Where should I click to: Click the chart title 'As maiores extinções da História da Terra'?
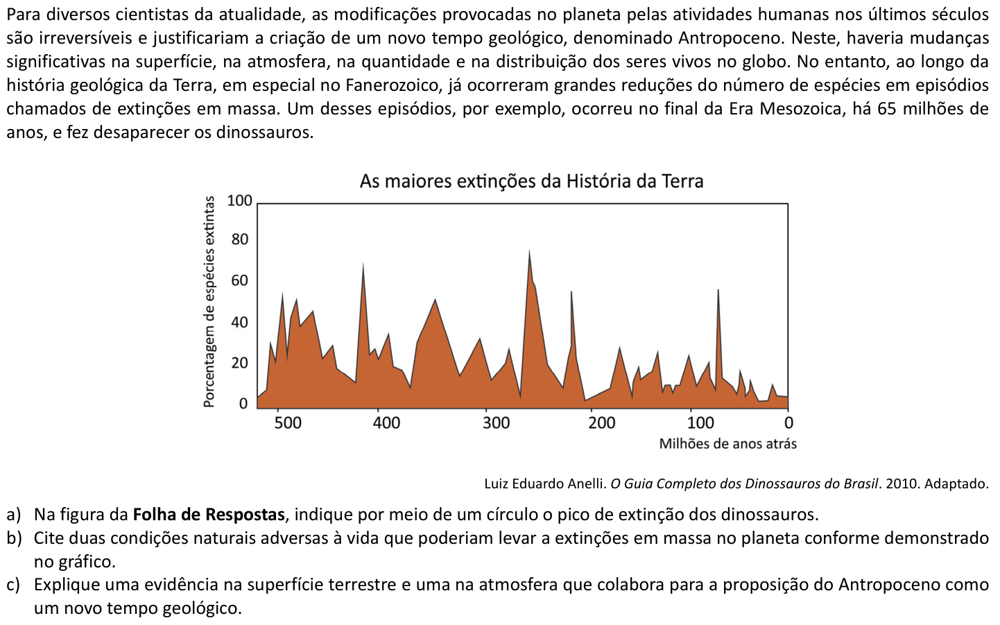pyautogui.click(x=531, y=181)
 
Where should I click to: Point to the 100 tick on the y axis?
pyautogui.click(x=240, y=201)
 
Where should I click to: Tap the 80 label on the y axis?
pyautogui.click(x=240, y=240)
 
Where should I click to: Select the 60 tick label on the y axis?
pyautogui.click(x=240, y=281)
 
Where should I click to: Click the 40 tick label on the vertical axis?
pyautogui.click(x=240, y=322)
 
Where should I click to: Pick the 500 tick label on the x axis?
pyautogui.click(x=288, y=422)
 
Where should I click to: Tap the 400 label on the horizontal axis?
pyautogui.click(x=386, y=422)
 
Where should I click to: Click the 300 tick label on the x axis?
pyautogui.click(x=496, y=422)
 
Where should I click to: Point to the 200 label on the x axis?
pyautogui.click(x=602, y=422)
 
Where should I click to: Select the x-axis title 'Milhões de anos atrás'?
pyautogui.click(x=727, y=444)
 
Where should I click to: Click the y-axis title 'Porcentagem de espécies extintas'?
pyautogui.click(x=209, y=302)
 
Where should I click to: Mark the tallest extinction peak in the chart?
pyautogui.click(x=529, y=251)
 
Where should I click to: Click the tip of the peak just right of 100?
pyautogui.click(x=718, y=290)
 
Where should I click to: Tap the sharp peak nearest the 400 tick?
pyautogui.click(x=363, y=264)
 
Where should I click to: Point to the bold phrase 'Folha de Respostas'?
pyautogui.click(x=209, y=515)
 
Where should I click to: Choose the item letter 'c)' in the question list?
pyautogui.click(x=13, y=585)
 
